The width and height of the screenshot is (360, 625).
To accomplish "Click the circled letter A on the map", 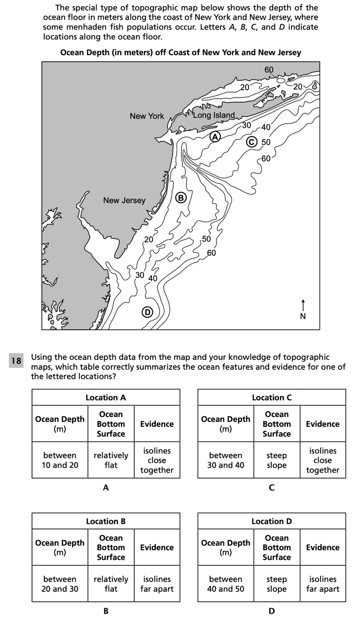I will pos(215,137).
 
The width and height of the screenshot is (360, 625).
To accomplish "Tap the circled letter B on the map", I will pos(180,198).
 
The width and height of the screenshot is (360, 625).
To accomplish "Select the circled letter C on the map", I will pos(252,142).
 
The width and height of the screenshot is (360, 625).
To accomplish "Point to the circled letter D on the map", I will pos(146,312).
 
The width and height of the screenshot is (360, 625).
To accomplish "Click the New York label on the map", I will pos(146,116).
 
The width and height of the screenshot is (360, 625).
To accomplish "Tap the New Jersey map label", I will pos(124,200).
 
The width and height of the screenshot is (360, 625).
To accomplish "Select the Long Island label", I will pos(214,115).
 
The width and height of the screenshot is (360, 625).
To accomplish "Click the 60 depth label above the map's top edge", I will pos(269,69).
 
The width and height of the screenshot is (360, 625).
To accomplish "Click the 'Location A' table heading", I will pos(106,397).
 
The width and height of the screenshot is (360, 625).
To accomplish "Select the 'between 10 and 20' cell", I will pos(60,460).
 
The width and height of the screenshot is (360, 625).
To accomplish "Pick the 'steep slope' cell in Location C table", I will pos(277,460).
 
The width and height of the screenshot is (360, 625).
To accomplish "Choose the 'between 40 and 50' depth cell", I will pos(226,584).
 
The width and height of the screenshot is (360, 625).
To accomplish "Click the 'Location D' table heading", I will pos(272,521).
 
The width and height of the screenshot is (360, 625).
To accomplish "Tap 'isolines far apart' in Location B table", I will pos(157,584).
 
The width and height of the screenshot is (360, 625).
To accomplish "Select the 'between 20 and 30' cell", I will pos(60,584).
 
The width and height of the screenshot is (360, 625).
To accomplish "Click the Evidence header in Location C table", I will pos(323,424).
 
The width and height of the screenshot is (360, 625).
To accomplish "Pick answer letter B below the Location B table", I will pos(106,611).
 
